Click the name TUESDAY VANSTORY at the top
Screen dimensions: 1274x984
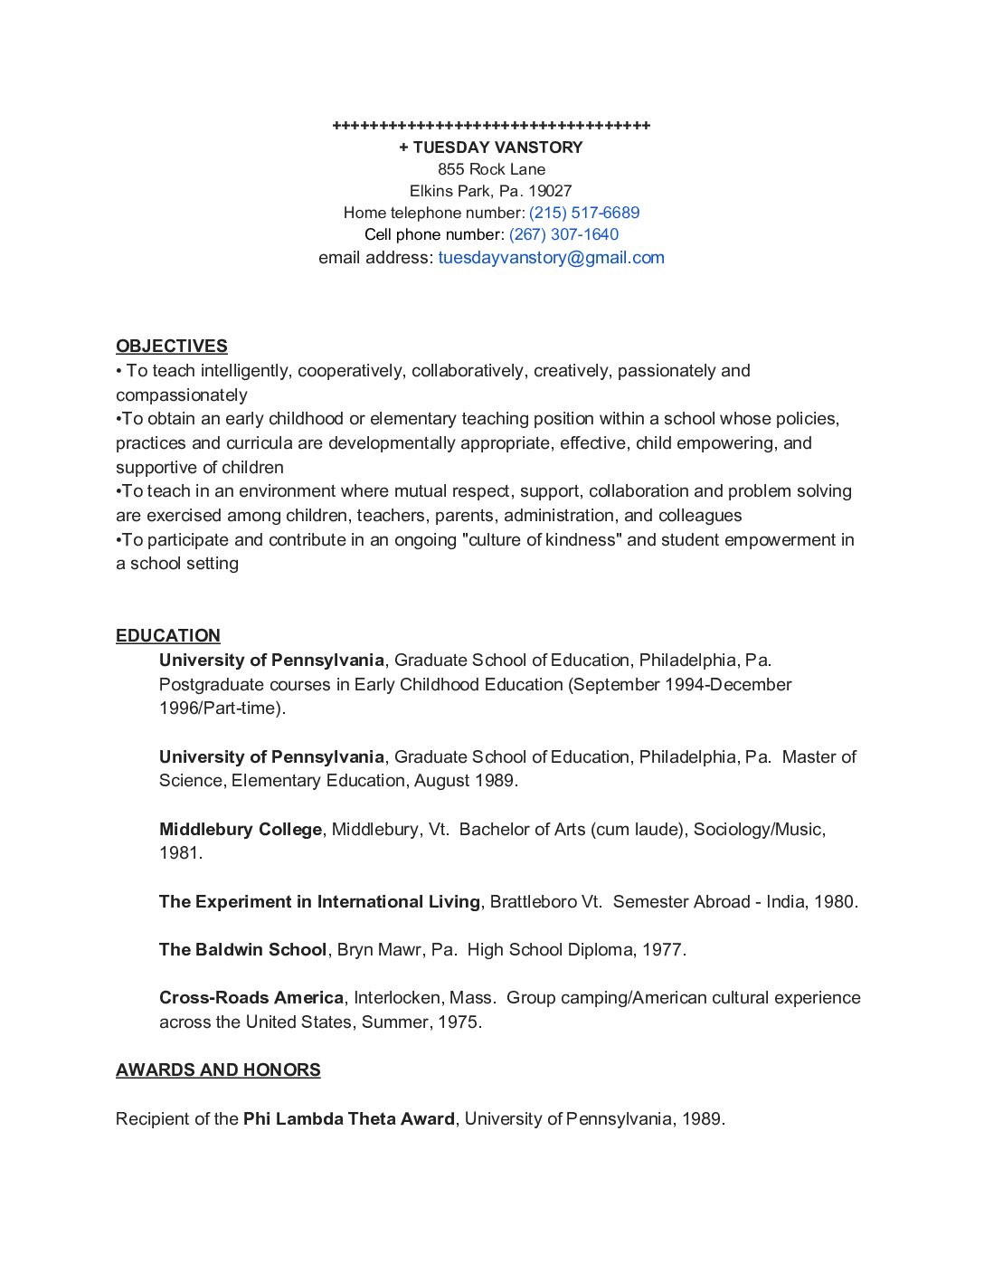coord(497,147)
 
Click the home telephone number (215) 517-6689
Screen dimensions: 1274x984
coord(584,213)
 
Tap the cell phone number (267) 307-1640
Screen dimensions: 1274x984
coord(563,234)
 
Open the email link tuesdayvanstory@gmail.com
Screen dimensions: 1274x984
coord(551,258)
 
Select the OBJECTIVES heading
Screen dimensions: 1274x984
coord(172,347)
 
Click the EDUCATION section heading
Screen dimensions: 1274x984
coord(168,636)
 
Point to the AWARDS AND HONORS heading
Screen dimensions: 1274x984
coord(218,1070)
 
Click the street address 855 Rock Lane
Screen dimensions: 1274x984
coord(491,169)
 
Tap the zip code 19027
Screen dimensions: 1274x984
coord(550,191)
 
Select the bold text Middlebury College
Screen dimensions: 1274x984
coord(241,830)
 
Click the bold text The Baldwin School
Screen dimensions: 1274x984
coord(242,950)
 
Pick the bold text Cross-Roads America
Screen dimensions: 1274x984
coord(251,998)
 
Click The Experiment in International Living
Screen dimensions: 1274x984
coord(319,902)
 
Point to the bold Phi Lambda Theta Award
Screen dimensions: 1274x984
coord(348,1119)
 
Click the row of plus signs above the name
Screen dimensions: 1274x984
coord(491,126)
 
